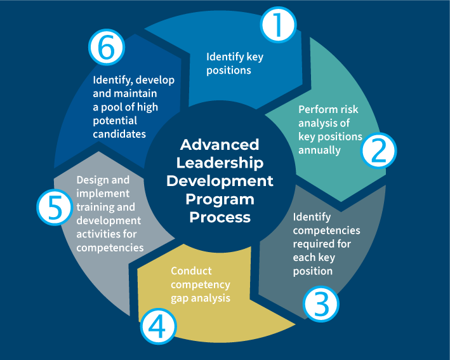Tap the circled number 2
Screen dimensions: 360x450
(379, 150)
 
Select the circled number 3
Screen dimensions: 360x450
(322, 304)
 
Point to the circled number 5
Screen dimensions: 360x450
(53, 208)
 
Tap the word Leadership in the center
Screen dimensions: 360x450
(220, 163)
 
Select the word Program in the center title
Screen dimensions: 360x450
(220, 199)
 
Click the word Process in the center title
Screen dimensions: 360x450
(220, 217)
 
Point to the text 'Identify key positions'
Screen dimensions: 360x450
(234, 63)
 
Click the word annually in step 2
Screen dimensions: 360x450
(319, 150)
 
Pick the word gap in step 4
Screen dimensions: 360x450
(179, 298)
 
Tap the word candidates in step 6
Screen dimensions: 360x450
(119, 134)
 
